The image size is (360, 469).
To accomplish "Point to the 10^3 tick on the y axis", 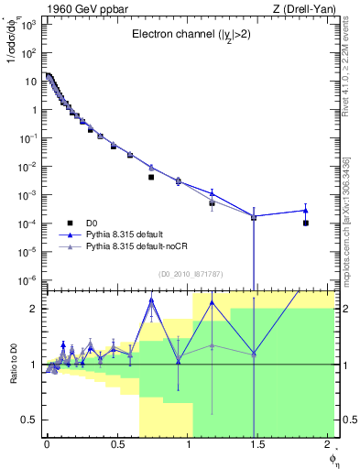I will (26, 25).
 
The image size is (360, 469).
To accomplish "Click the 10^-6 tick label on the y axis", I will (26, 280).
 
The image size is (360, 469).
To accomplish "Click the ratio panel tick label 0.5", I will (30, 420).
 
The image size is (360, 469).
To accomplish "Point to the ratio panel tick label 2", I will (35, 309).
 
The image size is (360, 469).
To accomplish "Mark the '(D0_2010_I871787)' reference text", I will (191, 274).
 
